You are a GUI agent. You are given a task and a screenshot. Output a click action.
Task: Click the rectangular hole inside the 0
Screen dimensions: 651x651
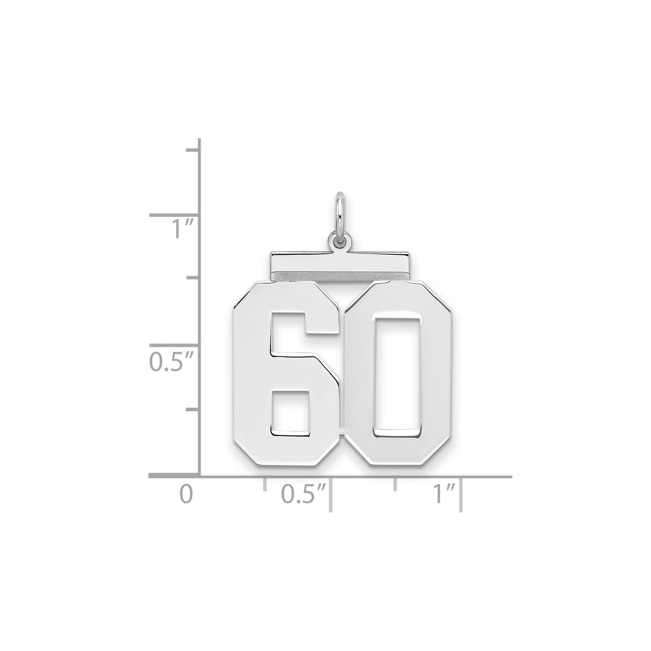397,370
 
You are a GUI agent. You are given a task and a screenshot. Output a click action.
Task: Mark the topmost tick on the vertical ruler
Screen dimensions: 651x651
193,150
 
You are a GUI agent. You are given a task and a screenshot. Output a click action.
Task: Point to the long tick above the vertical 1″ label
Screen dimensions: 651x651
174,216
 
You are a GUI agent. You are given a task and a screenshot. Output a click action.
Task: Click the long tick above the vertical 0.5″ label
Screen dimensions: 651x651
174,345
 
